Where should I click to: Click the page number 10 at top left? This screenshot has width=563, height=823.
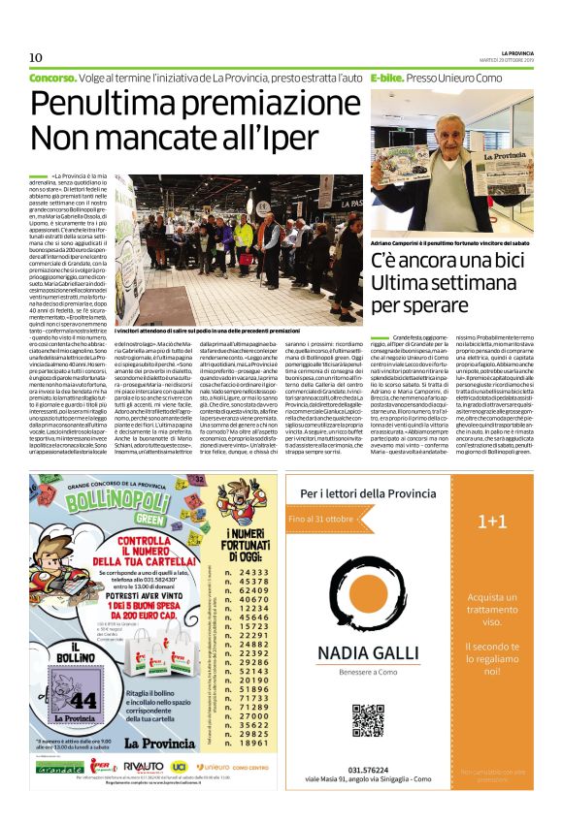pyautogui.click(x=36, y=56)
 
